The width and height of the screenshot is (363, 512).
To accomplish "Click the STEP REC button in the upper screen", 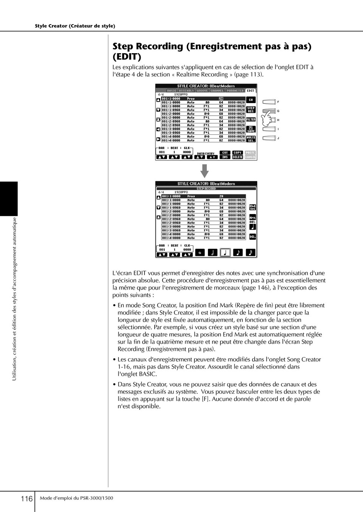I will (x=251, y=109).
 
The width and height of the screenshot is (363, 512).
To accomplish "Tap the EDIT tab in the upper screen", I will (x=250, y=91).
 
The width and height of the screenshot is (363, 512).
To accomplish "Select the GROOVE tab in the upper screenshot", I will (x=202, y=91).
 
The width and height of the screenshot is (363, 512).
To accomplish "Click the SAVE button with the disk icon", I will (x=251, y=129).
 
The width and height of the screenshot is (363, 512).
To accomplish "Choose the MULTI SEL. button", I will (x=251, y=139).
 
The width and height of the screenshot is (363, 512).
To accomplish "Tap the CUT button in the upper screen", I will (x=225, y=153).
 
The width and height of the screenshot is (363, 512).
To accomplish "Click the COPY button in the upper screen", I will (x=237, y=153).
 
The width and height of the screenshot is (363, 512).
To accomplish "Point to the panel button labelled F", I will (x=269, y=102).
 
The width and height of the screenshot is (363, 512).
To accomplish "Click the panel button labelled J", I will (x=269, y=138).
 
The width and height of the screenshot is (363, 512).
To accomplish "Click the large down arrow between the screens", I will (x=205, y=171).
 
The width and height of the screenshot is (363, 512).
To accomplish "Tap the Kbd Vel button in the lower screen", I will (x=253, y=207).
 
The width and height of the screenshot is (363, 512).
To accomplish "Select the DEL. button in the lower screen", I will (x=253, y=237).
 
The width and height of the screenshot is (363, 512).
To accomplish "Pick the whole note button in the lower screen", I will (x=200, y=253).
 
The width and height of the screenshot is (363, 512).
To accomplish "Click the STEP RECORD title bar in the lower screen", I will (x=206, y=188).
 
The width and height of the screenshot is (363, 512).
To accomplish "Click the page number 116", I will (x=26, y=499).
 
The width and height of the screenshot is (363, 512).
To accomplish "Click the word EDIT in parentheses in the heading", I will (x=127, y=57).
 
